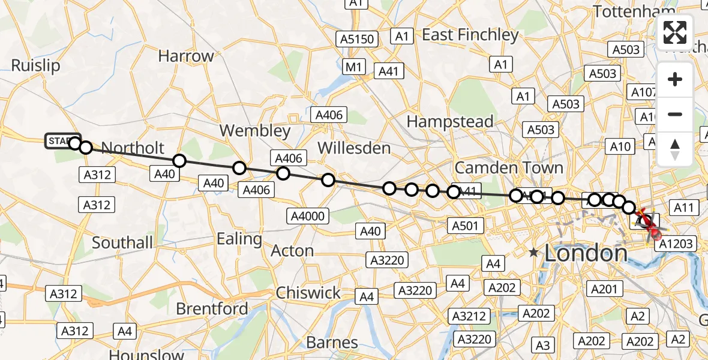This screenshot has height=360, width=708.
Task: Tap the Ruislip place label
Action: (x=36, y=65)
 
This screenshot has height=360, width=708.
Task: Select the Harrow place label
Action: (x=186, y=56)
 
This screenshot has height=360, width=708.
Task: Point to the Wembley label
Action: (x=254, y=131)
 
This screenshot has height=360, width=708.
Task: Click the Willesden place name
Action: (x=354, y=148)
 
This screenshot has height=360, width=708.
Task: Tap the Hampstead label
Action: (x=450, y=121)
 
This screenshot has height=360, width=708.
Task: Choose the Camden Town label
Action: (x=509, y=167)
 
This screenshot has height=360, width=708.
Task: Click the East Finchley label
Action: (x=470, y=35)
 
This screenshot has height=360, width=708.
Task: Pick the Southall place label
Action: (x=122, y=242)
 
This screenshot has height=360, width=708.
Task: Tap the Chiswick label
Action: (x=308, y=293)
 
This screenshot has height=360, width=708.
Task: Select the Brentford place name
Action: (x=212, y=308)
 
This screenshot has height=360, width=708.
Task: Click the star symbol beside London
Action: (x=533, y=253)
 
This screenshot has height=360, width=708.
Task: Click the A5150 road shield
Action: (x=357, y=40)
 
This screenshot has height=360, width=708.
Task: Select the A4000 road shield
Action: (x=308, y=216)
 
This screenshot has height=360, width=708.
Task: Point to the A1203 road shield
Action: (x=676, y=244)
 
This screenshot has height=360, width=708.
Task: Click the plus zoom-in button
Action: (x=675, y=80)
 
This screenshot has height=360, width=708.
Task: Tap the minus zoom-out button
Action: (x=675, y=114)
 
